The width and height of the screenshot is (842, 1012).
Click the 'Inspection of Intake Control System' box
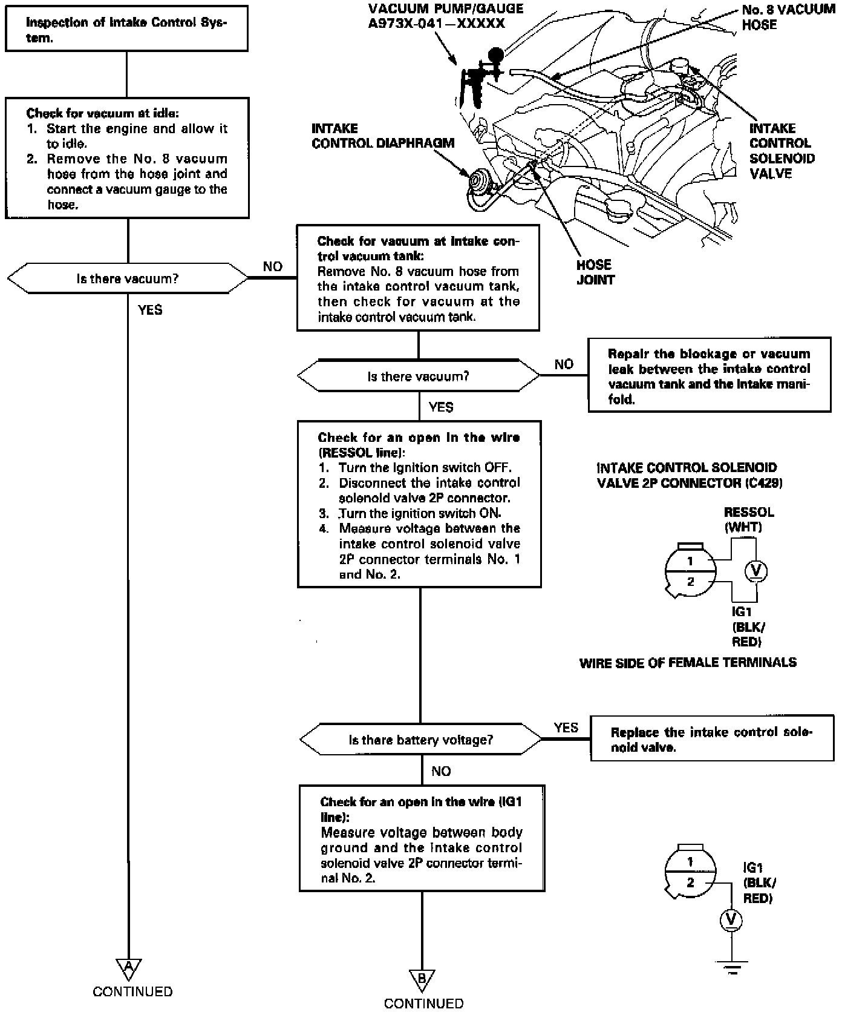pos(126,29)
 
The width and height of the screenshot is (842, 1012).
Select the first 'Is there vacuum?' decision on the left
pos(127,279)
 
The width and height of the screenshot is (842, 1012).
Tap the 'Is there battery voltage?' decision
pos(420,740)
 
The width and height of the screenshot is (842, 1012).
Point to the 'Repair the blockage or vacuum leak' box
pos(709,376)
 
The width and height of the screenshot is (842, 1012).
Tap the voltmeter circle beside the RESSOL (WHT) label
pos(755,570)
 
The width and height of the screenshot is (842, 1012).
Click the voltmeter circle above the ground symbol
pos(731,920)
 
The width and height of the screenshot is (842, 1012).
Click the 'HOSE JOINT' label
pos(595,272)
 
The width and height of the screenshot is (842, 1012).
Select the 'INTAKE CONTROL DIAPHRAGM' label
pos(382,136)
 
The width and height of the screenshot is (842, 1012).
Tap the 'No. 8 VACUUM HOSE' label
pos(788,18)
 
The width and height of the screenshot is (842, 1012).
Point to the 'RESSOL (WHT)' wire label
pos(749,519)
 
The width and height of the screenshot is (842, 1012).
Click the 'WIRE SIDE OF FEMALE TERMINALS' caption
pos(688,663)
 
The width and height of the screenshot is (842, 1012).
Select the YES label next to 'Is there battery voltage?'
pos(566,728)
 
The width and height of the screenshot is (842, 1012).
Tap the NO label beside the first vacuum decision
pos(273,266)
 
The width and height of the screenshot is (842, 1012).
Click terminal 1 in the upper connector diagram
pos(690,561)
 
